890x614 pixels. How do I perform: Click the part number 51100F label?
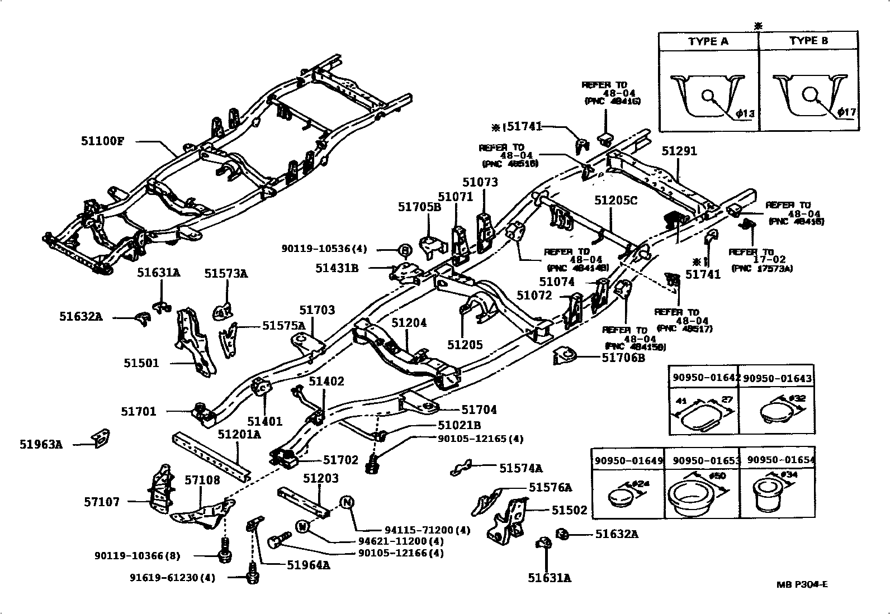(x=102, y=141)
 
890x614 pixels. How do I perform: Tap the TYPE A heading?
(x=708, y=41)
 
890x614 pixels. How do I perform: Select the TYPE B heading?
(x=808, y=41)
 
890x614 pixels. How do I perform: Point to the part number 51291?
(x=679, y=151)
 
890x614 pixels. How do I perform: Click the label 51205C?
(x=616, y=200)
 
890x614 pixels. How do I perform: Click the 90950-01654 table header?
(x=781, y=460)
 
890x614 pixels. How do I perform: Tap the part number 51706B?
(x=623, y=358)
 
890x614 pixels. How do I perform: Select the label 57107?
(x=102, y=502)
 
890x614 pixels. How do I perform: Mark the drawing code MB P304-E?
(x=802, y=585)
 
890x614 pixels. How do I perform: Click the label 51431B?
(x=337, y=268)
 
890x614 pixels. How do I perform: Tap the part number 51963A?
(x=41, y=445)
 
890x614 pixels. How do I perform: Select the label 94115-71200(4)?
(x=428, y=530)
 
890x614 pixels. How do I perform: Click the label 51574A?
(x=520, y=468)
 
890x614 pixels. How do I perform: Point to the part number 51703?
(x=317, y=310)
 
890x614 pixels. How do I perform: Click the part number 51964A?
(x=308, y=564)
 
